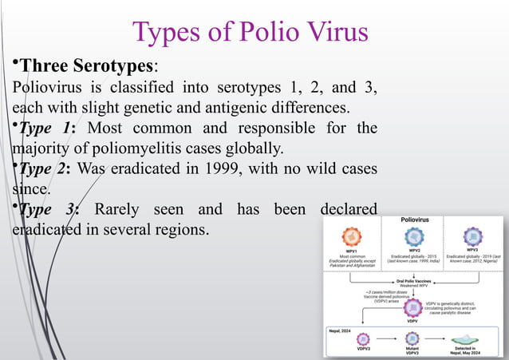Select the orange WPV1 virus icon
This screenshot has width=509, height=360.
[352, 235]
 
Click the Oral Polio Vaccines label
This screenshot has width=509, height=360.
[412, 281]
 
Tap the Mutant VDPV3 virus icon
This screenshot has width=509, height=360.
[412, 339]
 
